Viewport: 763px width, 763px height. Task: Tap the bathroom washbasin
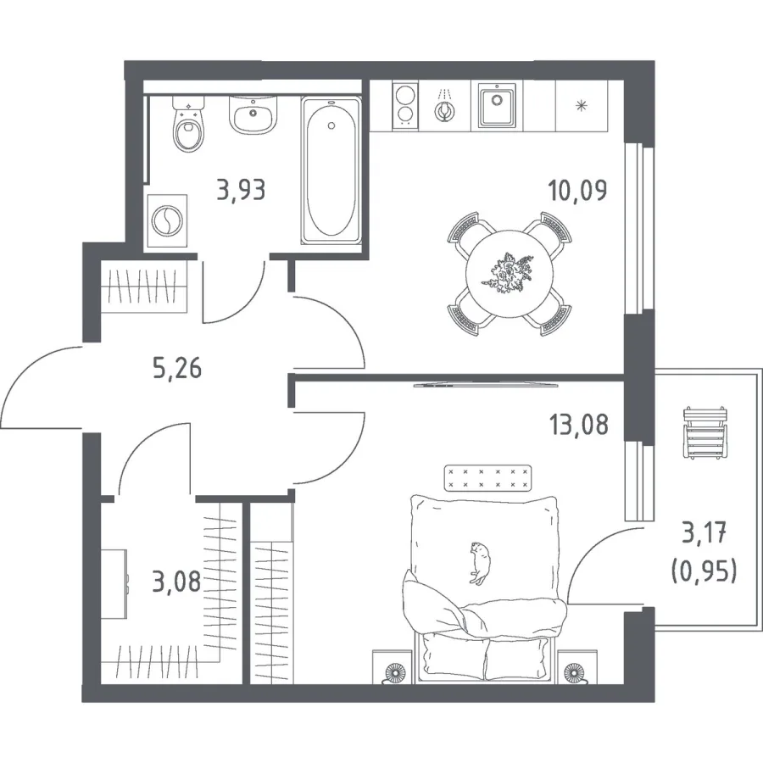(253, 114)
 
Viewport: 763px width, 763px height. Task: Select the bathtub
(331, 170)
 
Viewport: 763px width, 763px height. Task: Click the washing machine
(167, 220)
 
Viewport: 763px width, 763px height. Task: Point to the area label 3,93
(242, 190)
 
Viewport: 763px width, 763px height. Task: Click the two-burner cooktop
(405, 106)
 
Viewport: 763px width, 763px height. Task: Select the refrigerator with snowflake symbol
(581, 106)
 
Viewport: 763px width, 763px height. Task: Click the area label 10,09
(577, 190)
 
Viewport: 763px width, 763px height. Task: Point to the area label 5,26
(177, 369)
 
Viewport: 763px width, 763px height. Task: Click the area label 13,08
(578, 425)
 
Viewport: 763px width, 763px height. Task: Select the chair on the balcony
(705, 432)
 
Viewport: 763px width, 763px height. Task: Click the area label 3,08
(176, 582)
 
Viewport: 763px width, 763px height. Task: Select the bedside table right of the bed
(577, 666)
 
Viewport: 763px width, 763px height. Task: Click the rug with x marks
(487, 478)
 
